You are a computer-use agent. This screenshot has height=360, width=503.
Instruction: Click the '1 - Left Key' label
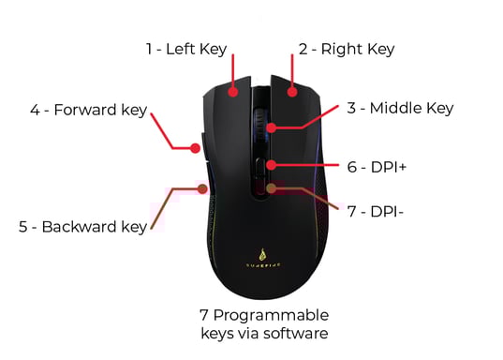point(186,49)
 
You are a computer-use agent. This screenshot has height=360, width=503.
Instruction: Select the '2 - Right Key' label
point(346,49)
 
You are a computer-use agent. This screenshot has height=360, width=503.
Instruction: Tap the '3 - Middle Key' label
point(399,109)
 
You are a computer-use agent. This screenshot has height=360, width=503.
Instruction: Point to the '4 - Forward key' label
point(88,110)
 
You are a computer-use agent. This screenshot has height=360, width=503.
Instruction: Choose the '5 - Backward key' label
point(83,226)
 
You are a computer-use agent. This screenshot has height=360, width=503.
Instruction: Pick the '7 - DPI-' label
point(375,211)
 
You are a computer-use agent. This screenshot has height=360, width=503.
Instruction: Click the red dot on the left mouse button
point(233,92)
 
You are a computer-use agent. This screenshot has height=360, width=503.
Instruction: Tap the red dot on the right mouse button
point(292,92)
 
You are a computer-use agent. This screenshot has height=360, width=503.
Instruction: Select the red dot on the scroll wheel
point(271,127)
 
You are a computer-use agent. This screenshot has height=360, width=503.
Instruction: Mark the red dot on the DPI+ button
point(270,166)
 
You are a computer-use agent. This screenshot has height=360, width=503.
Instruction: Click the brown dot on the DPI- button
point(271,188)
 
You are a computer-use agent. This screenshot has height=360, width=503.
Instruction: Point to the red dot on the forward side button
point(193,146)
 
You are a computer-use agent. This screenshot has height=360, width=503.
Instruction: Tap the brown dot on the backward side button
point(201,188)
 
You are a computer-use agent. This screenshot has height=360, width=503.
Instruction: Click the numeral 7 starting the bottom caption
point(204,314)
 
